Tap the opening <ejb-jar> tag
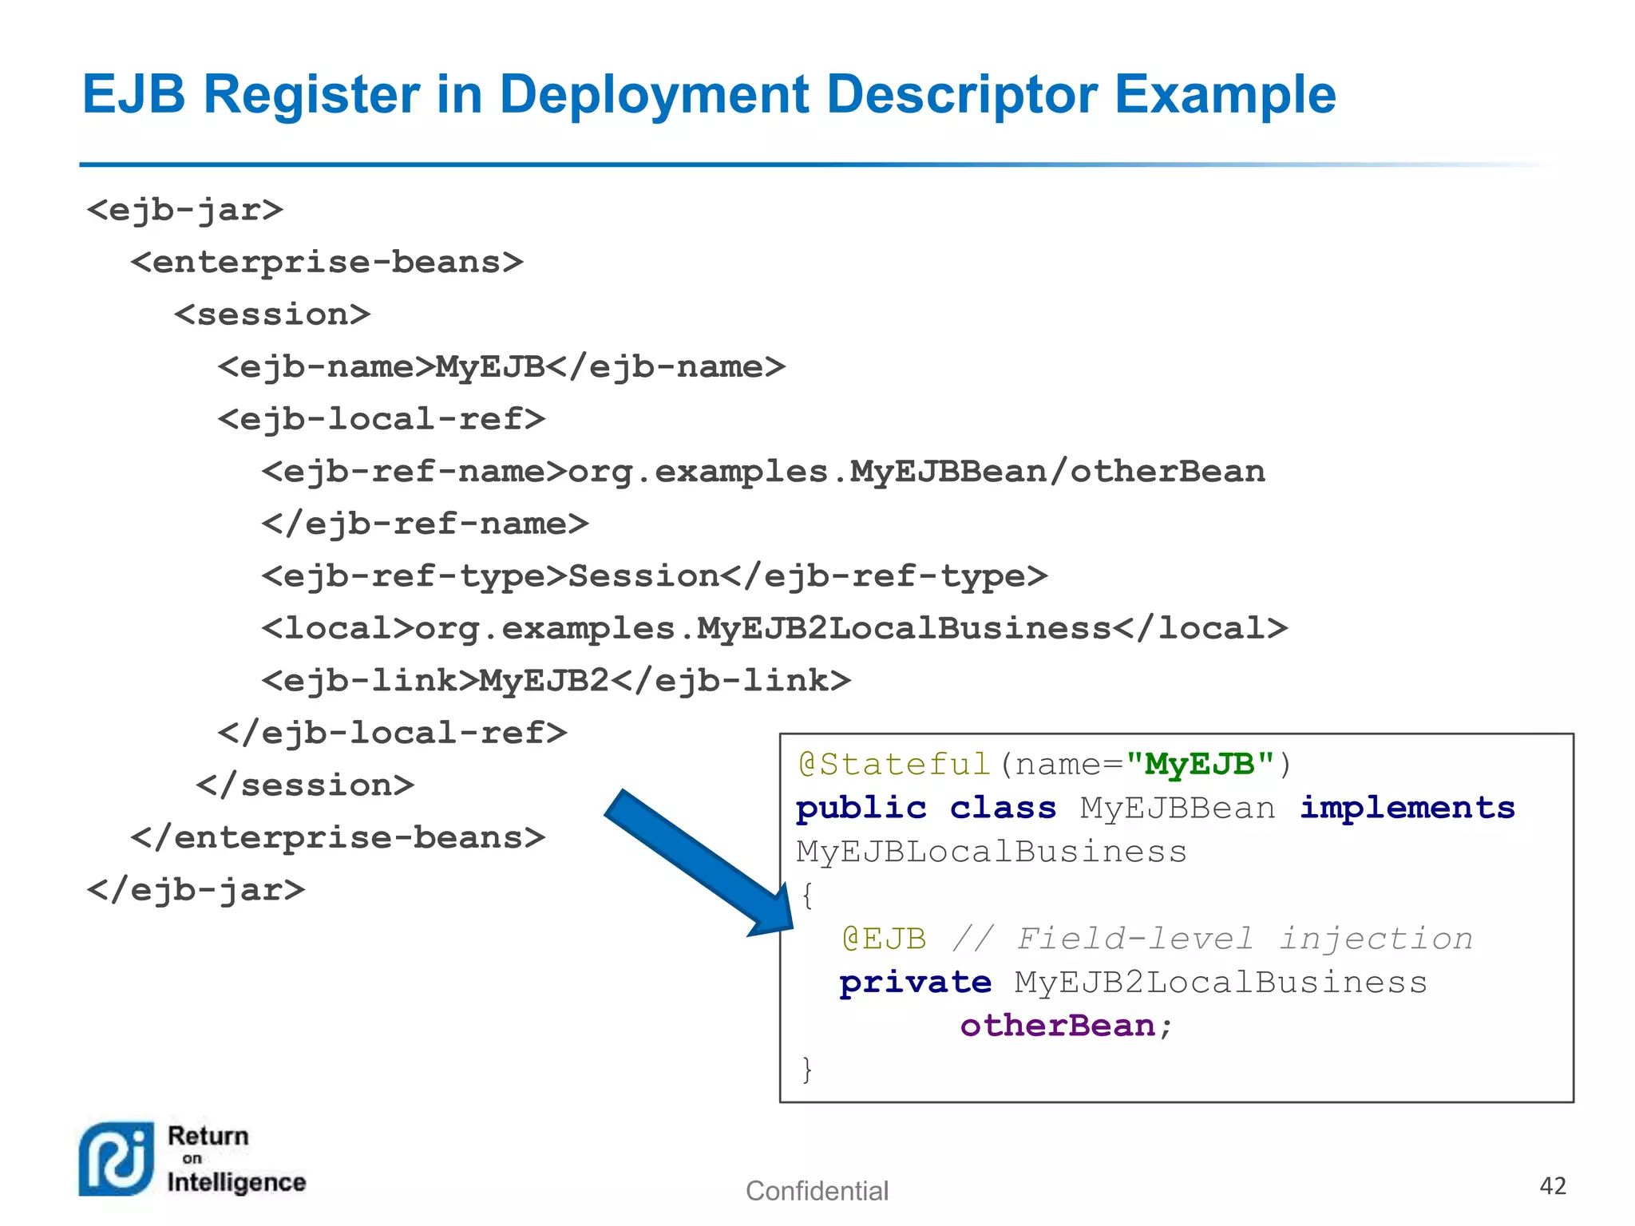tap(185, 211)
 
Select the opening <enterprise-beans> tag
tap(327, 263)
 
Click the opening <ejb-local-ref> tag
tap(382, 419)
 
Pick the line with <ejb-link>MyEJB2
tap(556, 681)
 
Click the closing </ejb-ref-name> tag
tap(425, 524)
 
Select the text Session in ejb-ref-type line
tap(643, 576)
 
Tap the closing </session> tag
tap(305, 785)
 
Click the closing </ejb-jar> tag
tap(196, 890)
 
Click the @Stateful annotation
tap(894, 765)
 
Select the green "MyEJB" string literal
tap(1199, 765)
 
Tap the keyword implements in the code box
tap(1407, 808)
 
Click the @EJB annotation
tap(884, 939)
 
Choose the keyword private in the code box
tap(915, 983)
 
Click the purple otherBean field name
tap(1057, 1026)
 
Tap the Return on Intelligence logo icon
tap(117, 1159)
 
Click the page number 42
tap(1552, 1186)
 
